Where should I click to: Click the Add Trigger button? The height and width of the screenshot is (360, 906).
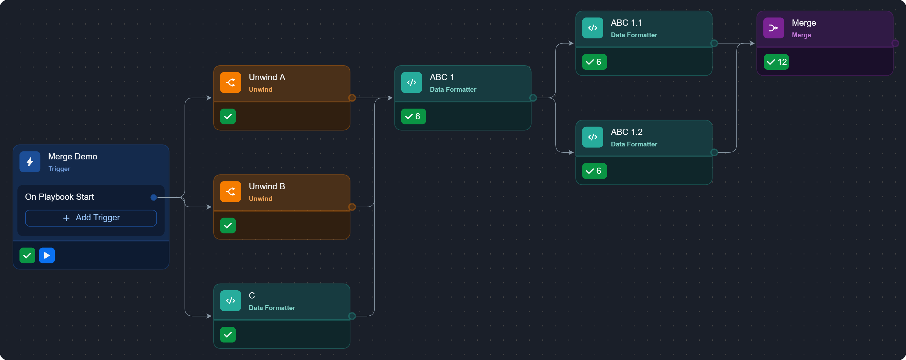91,218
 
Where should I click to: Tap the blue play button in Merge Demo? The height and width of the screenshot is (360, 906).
47,256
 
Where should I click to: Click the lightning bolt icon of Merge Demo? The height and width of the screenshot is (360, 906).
30,162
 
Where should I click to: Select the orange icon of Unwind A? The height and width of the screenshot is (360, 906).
230,83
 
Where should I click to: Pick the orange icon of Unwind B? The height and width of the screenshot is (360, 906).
230,192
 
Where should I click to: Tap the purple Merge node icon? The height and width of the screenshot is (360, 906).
773,28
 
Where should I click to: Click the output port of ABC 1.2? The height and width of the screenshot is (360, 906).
714,152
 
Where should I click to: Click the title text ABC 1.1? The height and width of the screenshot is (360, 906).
626,23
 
